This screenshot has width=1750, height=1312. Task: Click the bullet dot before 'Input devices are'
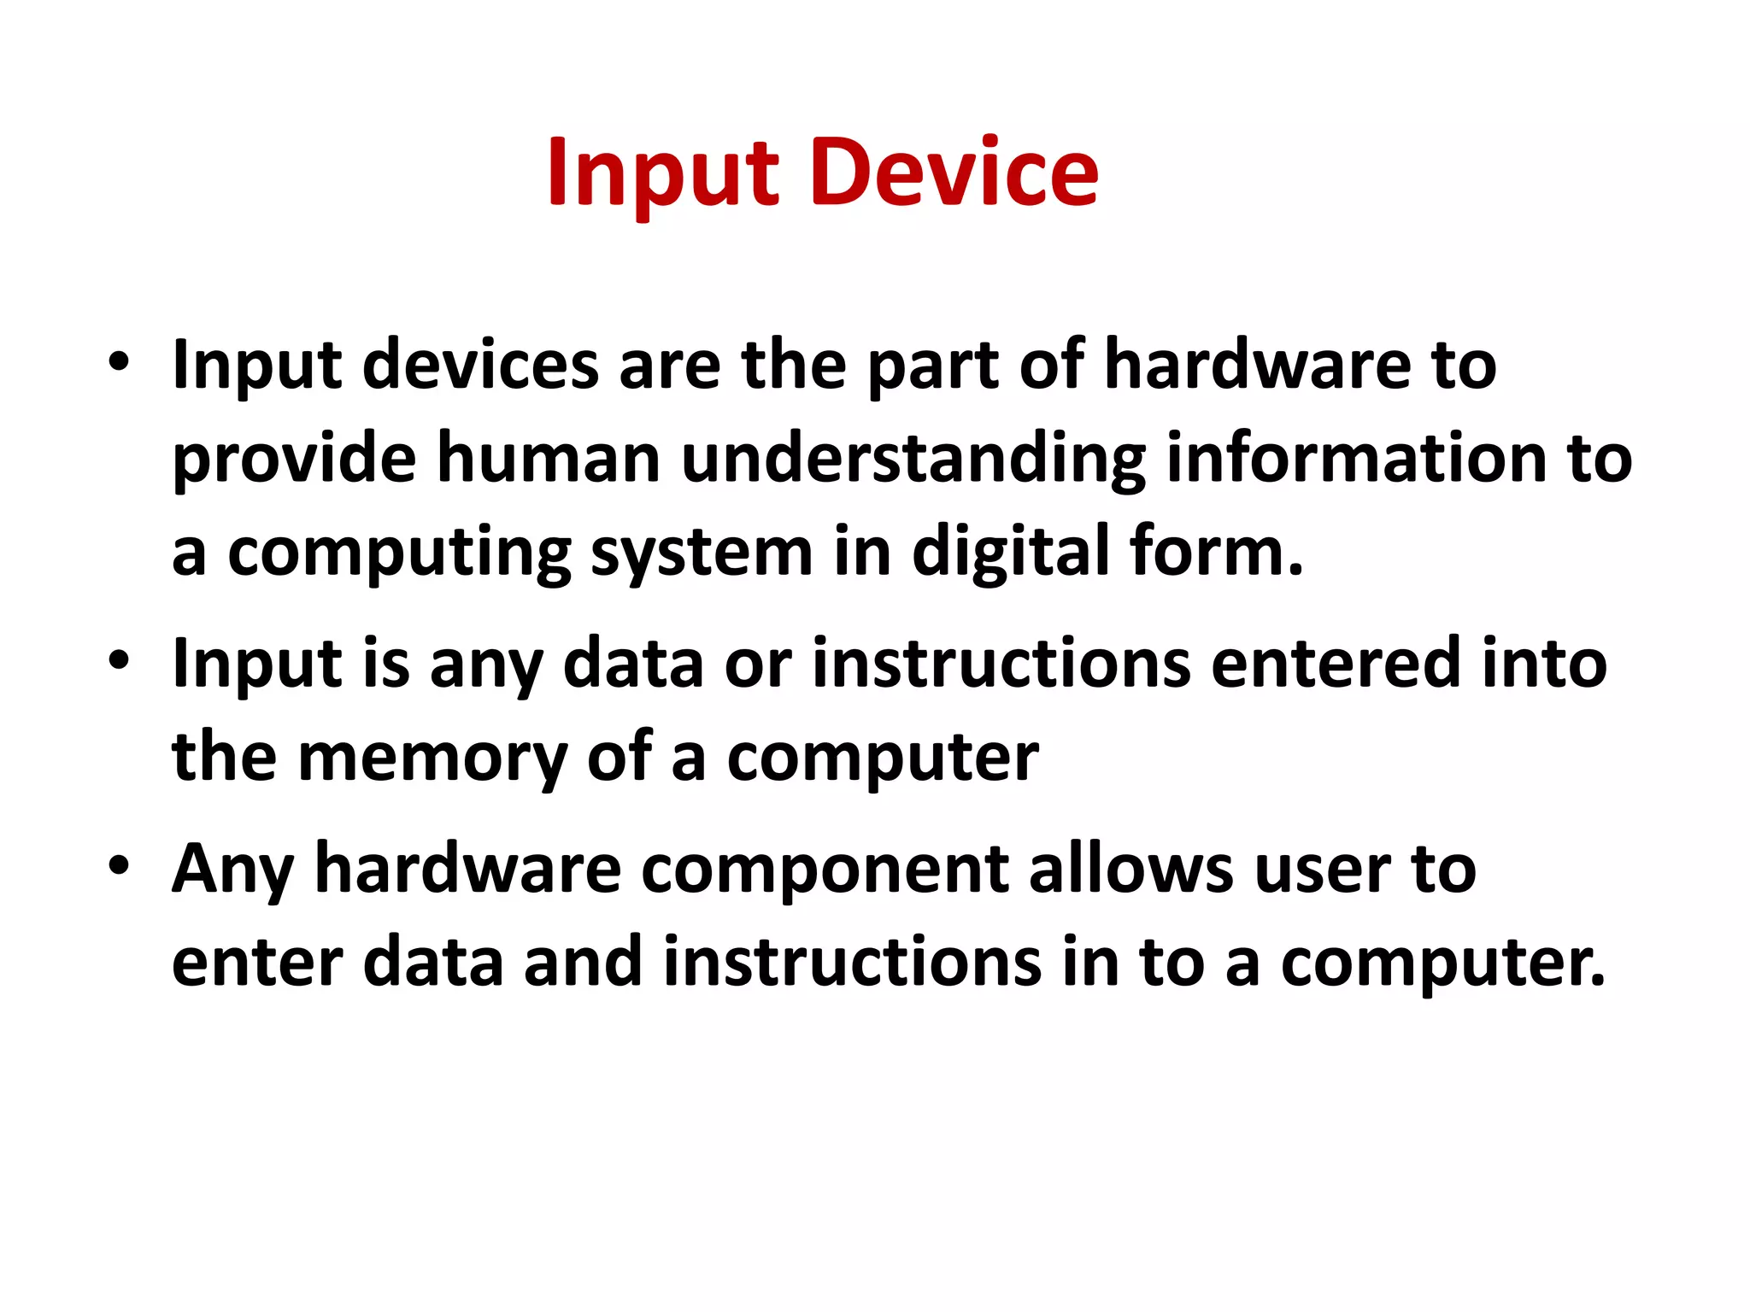(119, 361)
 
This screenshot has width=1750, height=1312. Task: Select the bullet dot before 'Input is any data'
(119, 660)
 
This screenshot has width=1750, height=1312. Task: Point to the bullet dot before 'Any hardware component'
(119, 865)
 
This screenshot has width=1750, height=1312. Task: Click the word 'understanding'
(913, 460)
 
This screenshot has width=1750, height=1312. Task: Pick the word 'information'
(1357, 458)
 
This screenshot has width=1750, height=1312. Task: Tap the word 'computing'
(399, 553)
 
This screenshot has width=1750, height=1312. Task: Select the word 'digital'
(1010, 552)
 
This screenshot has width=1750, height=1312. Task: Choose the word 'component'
(825, 870)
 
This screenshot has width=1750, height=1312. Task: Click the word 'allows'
(1131, 868)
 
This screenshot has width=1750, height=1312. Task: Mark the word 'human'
(549, 458)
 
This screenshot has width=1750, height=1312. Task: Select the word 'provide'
(294, 460)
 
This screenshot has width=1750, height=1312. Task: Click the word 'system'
(701, 553)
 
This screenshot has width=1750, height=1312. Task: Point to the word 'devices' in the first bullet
(481, 365)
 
